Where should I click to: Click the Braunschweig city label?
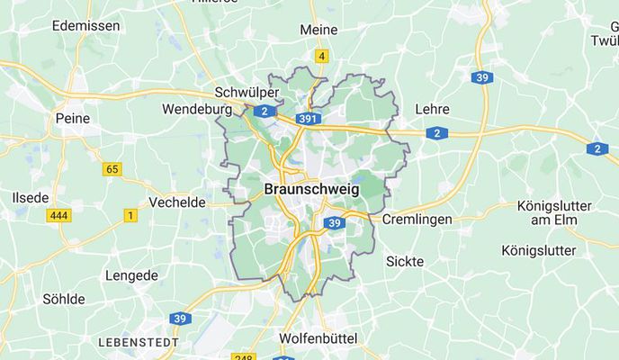point(311,190)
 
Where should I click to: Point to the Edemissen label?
point(85,26)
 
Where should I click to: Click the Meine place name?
point(318,30)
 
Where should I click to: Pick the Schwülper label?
point(247,93)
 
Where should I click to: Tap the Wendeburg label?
point(197,110)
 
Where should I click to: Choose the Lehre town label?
point(432,109)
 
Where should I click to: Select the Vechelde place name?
point(177,202)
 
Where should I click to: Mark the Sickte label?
point(405,261)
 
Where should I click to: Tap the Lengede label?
point(131,275)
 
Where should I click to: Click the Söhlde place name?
point(64,299)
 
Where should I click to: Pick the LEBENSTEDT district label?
point(139,344)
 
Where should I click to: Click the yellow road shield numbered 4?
point(321,57)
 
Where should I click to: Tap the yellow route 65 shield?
point(112,168)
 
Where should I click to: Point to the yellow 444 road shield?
point(58,216)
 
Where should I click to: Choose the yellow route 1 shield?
point(130,215)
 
